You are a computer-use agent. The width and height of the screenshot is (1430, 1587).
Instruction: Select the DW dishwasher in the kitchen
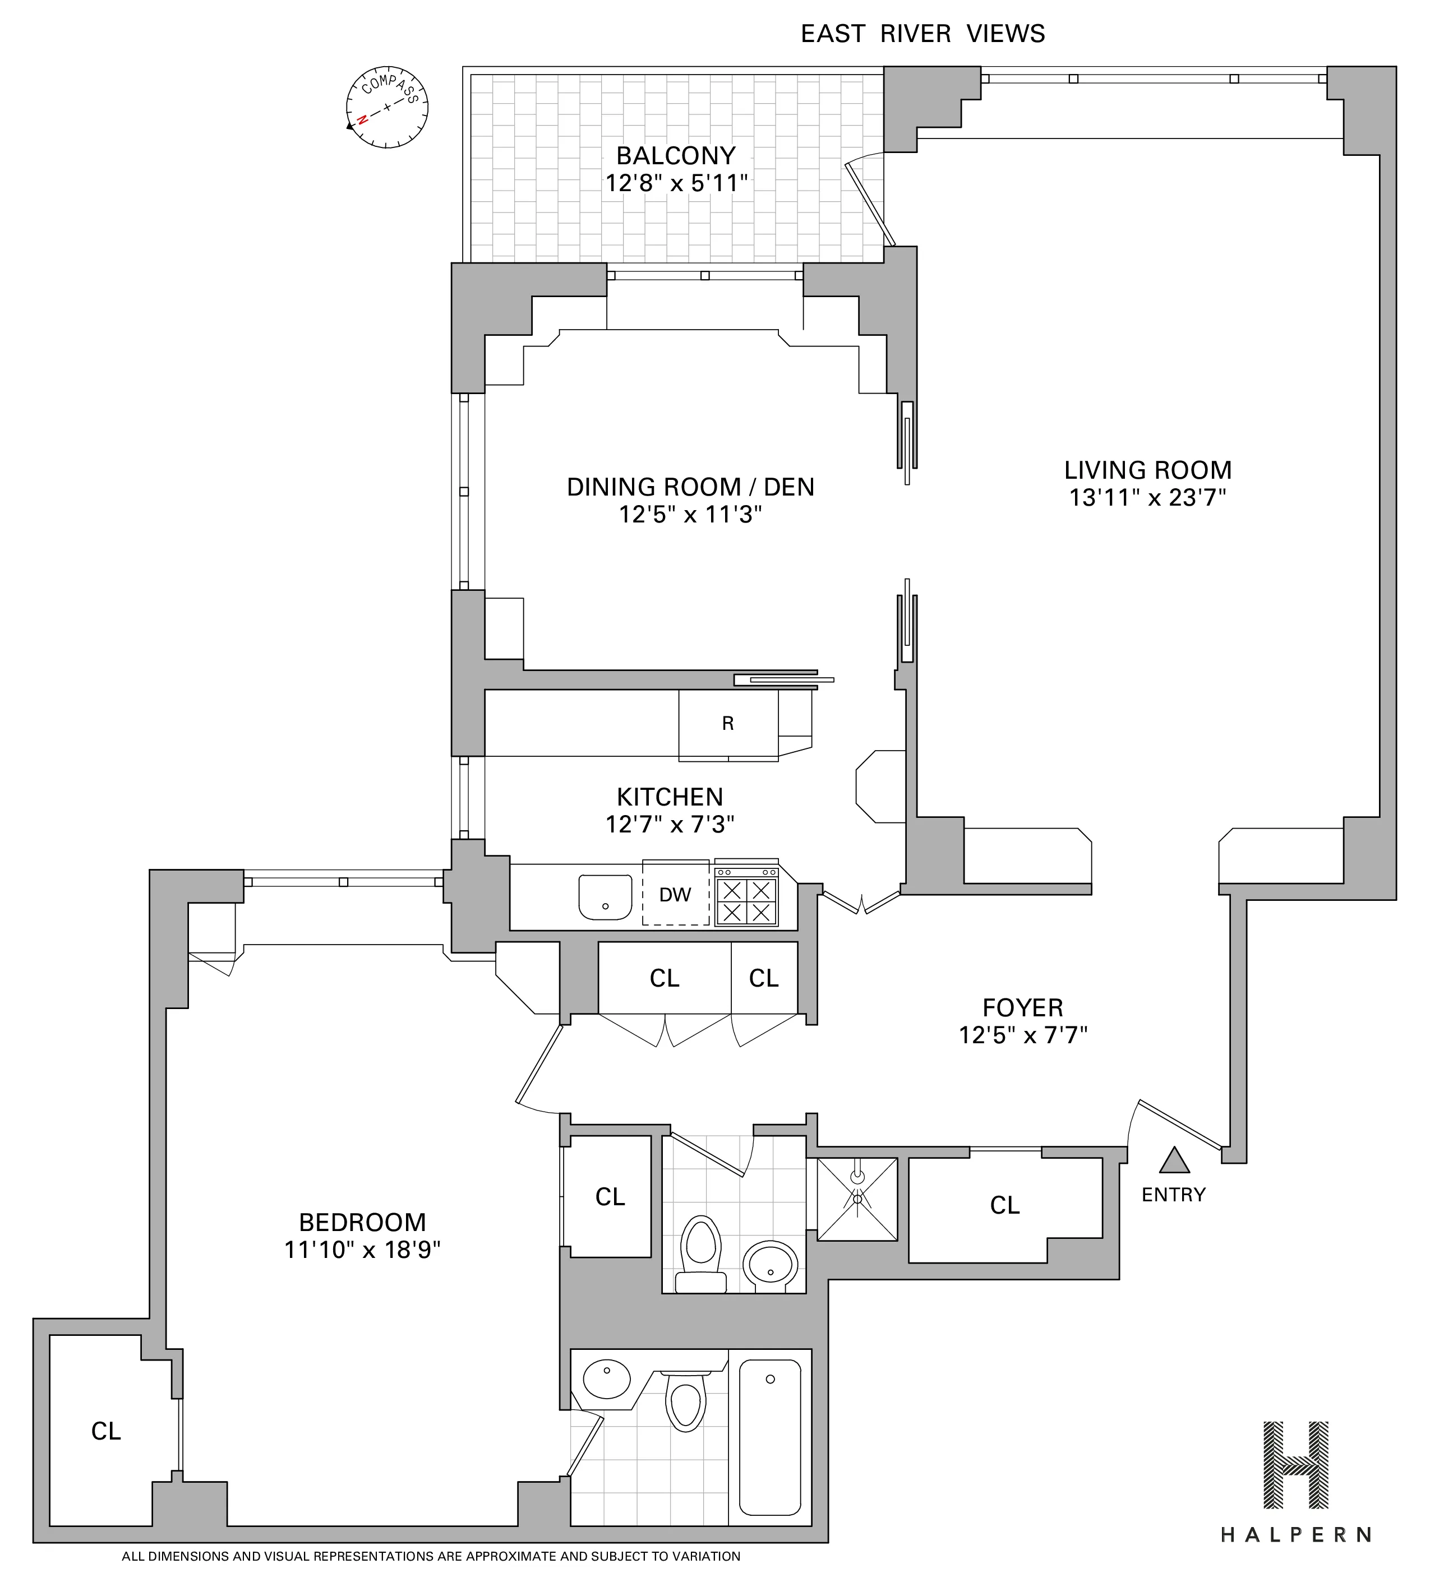pos(675,894)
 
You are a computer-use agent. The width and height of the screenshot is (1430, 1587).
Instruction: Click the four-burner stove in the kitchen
pos(746,900)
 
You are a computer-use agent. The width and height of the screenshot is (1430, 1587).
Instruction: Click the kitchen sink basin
pos(605,896)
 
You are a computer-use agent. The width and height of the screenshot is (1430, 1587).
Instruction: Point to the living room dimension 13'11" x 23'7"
pos(1147,498)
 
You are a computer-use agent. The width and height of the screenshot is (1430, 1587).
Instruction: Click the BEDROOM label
pos(362,1222)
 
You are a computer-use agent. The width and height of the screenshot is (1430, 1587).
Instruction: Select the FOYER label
pos(1022,1007)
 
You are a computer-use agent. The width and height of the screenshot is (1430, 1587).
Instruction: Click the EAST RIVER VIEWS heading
pos(922,34)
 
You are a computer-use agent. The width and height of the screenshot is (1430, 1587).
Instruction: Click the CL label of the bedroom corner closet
pos(106,1432)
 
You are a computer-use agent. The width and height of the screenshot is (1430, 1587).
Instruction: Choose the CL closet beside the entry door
pos(1004,1205)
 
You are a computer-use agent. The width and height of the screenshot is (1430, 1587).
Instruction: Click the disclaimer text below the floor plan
pos(431,1556)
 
